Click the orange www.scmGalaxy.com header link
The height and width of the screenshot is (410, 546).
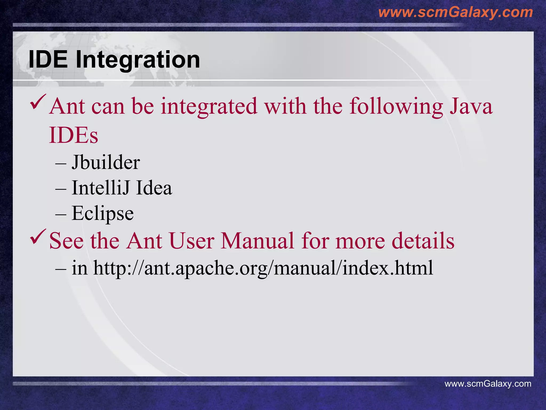455,12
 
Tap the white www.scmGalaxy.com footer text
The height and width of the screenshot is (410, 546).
488,384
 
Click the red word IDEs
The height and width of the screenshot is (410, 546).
74,135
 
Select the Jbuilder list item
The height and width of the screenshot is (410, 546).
106,162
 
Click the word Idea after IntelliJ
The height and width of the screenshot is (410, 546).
154,188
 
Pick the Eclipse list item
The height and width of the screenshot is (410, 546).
103,214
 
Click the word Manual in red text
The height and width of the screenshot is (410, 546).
257,241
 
